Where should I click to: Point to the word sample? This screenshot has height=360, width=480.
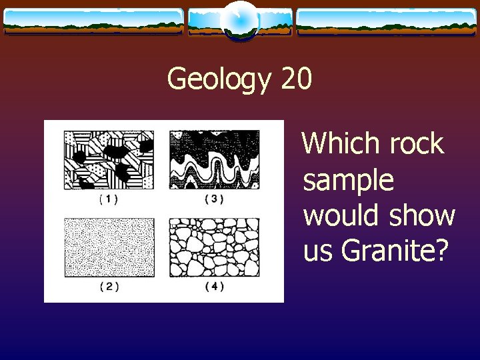[348, 181]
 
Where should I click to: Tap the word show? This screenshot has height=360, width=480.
[423, 215]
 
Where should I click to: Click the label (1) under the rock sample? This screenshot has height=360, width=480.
[109, 199]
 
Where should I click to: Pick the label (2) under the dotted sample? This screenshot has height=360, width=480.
[109, 287]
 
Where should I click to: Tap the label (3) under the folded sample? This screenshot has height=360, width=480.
[213, 199]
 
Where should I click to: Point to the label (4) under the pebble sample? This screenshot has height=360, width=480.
[213, 287]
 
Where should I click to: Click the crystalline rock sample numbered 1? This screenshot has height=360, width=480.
[109, 160]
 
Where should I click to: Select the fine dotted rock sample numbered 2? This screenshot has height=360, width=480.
[109, 247]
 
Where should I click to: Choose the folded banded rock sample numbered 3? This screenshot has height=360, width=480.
[213, 160]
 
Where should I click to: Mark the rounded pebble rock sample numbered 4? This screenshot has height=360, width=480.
[213, 247]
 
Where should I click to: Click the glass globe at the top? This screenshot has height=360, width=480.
[240, 21]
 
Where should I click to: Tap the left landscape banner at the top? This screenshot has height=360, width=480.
[93, 21]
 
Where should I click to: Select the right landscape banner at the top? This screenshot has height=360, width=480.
[386, 21]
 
